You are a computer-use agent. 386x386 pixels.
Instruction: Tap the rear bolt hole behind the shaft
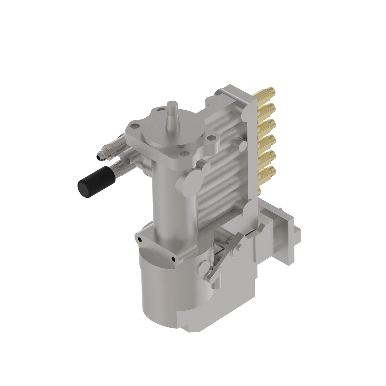pyautogui.click(x=160, y=110)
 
